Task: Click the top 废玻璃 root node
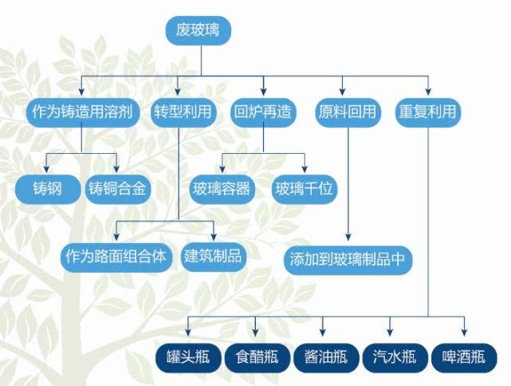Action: point(199,30)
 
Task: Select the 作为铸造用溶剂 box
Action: point(82,112)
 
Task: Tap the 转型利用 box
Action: point(183,112)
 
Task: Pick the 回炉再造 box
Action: point(263,112)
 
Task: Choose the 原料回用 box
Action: point(348,112)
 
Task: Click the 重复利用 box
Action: point(428,112)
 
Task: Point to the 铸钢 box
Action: point(48,189)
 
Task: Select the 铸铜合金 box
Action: point(118,189)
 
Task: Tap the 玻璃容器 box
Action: point(222,189)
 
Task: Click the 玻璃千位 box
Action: point(305,189)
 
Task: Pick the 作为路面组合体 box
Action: point(116,258)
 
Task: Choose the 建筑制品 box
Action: point(214,258)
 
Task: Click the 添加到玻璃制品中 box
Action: point(348,261)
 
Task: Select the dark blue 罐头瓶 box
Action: point(188,357)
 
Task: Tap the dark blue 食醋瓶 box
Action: point(257,357)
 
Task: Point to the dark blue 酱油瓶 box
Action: point(326,357)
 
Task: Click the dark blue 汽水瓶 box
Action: point(395,357)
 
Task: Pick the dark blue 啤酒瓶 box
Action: point(464,357)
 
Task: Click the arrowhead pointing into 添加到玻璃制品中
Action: point(348,237)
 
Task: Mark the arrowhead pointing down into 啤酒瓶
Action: point(464,333)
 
